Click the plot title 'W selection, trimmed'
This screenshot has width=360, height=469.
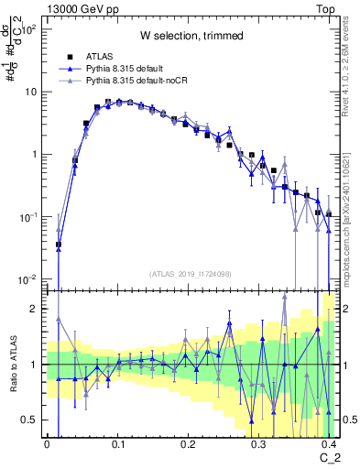tap(191, 37)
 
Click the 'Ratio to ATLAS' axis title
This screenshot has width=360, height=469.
tap(12, 364)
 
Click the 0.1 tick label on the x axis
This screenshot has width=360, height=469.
tap(116, 442)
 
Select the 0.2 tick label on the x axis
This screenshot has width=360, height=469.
tap(188, 442)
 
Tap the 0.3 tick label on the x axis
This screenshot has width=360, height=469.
tap(259, 442)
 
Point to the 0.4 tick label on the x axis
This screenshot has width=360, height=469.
tap(329, 442)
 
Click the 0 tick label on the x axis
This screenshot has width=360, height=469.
tap(47, 442)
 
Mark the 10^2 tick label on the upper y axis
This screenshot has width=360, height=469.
tap(27, 30)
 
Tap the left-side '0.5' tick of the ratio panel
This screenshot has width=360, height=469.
tap(31, 420)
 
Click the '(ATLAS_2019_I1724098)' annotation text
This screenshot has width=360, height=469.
tap(191, 273)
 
